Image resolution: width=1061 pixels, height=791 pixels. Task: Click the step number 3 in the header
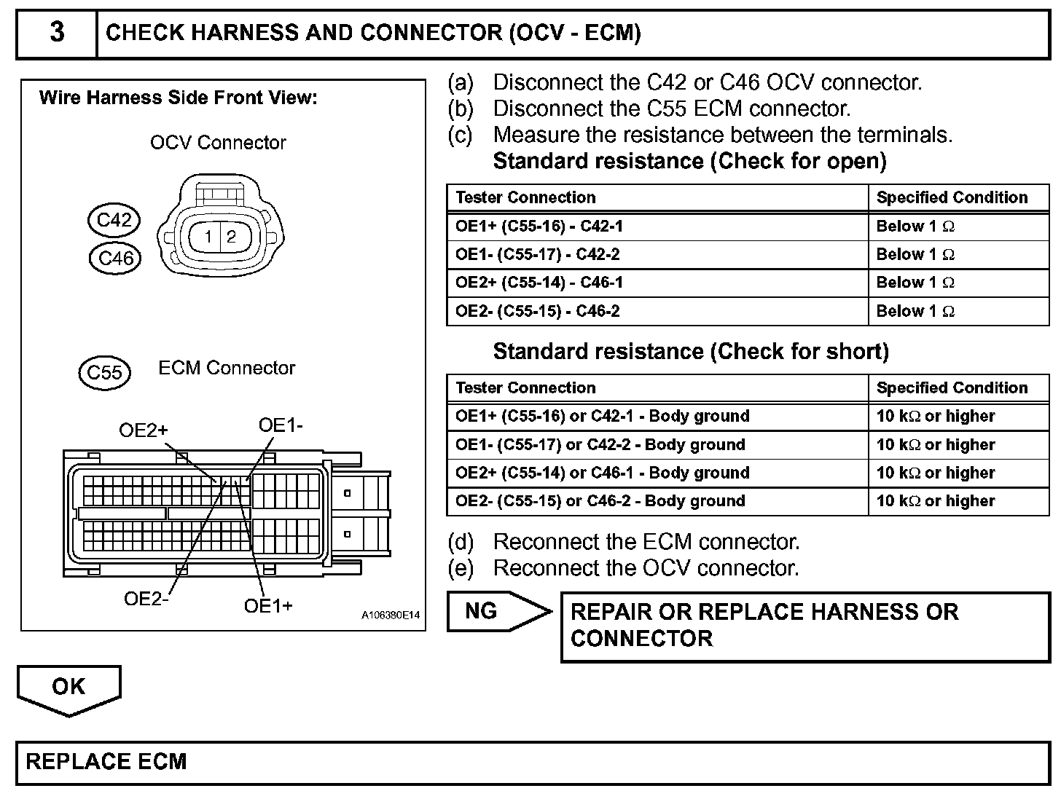click(57, 32)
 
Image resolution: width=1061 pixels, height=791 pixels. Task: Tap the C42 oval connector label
click(114, 220)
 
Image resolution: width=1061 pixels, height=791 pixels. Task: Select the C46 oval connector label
click(115, 258)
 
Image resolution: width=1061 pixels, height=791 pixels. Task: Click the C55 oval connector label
click(104, 372)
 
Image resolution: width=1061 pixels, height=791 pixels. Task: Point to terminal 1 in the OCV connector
click(208, 236)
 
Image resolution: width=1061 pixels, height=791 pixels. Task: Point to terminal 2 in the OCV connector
click(232, 236)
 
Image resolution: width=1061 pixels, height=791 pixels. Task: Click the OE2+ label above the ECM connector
click(143, 430)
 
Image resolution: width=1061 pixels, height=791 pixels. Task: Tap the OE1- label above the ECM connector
click(281, 425)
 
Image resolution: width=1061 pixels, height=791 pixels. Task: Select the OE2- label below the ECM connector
click(146, 599)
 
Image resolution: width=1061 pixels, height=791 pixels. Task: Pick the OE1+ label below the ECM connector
click(268, 606)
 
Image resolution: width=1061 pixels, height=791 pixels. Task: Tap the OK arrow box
click(68, 687)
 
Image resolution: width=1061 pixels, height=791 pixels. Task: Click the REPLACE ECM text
click(106, 762)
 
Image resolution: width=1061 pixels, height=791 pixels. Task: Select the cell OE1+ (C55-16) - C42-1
click(539, 227)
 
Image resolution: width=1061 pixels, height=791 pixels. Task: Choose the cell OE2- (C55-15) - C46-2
click(538, 312)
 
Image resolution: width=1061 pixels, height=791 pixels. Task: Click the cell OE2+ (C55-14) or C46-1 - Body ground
click(602, 473)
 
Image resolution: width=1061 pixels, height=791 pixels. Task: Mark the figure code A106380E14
click(391, 615)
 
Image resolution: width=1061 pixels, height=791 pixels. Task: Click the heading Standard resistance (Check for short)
click(691, 352)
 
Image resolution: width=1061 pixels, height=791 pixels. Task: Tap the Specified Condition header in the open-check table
click(952, 197)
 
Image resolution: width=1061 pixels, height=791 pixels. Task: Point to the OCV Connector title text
click(218, 143)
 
